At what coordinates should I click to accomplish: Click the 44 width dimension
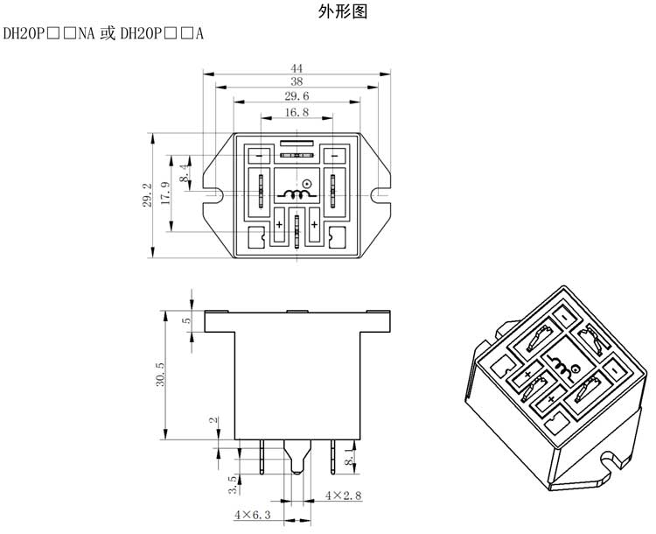[297, 68]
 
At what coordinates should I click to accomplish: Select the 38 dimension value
[297, 82]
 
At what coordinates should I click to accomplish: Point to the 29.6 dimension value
[297, 96]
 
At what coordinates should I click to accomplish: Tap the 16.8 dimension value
[297, 113]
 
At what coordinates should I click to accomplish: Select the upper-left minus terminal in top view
[259, 156]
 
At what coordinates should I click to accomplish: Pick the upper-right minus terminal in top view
[333, 156]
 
